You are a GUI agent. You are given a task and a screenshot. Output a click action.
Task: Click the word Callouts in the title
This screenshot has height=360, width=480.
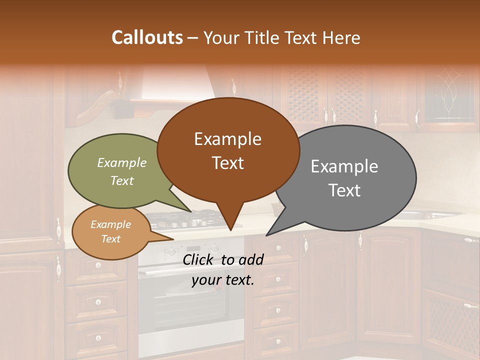point(147,37)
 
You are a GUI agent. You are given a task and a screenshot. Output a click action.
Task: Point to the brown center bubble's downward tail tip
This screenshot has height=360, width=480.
point(230,230)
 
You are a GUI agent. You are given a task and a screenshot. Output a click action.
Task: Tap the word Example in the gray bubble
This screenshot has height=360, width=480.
point(344,166)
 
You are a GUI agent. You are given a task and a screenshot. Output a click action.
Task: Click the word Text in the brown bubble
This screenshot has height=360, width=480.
point(228,163)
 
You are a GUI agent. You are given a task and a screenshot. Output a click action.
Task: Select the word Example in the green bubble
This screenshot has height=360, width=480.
point(121,162)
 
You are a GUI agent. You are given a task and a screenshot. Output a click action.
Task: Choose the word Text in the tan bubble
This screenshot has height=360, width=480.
point(110,239)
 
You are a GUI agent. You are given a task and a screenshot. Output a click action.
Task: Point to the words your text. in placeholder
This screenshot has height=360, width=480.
point(223,280)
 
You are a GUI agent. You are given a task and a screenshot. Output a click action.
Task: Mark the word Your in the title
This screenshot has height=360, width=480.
point(220,37)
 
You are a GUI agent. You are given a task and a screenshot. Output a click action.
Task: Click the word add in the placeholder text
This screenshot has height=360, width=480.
point(251,259)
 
